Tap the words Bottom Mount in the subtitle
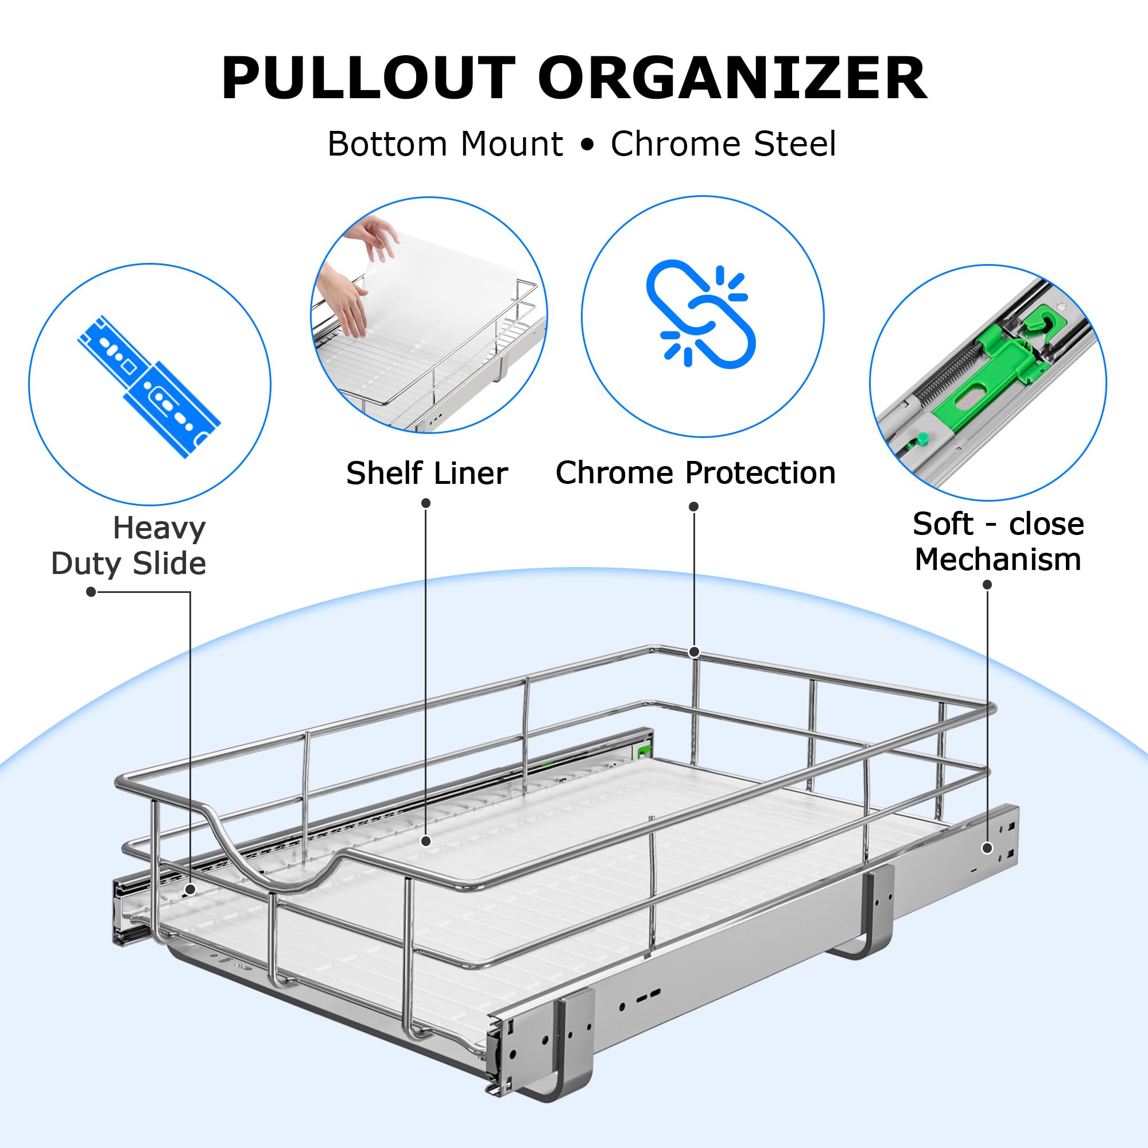(445, 145)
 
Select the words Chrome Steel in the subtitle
(723, 145)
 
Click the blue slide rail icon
(149, 386)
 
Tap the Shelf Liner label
(426, 474)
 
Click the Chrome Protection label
(695, 473)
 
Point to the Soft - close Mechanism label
(998, 542)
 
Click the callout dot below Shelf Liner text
(425, 503)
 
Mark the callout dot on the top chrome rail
(693, 652)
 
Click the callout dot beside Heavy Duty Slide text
(91, 592)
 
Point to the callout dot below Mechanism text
(987, 585)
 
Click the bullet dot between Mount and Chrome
(587, 145)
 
